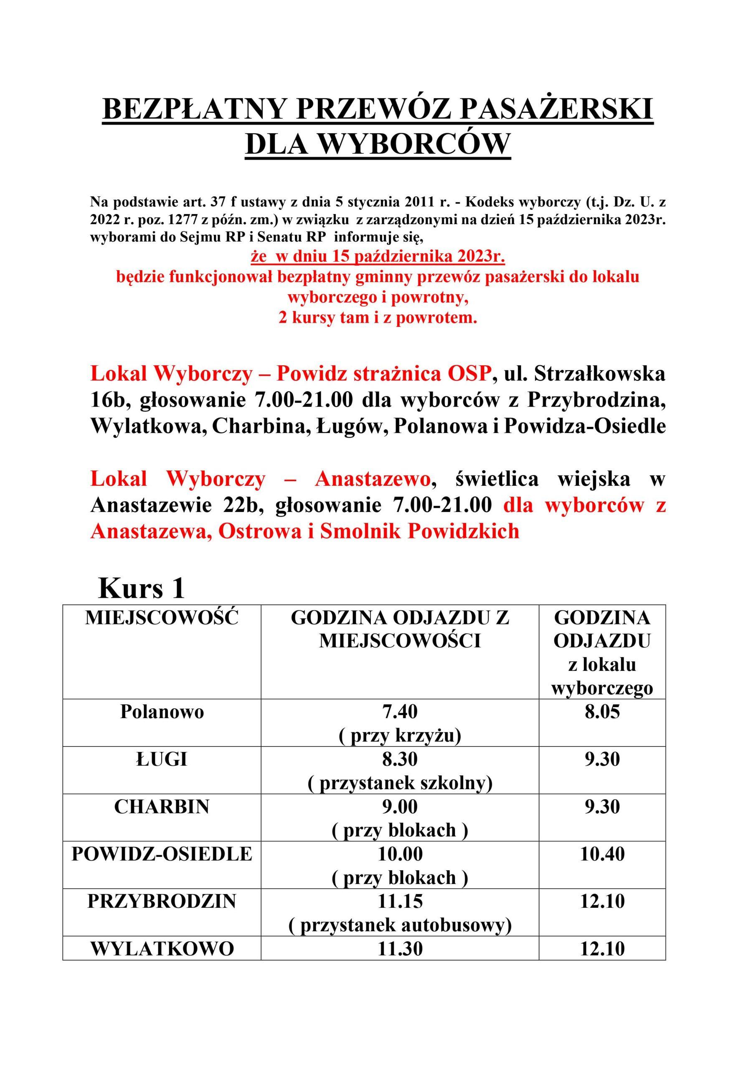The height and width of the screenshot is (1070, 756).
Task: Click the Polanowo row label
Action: (x=162, y=712)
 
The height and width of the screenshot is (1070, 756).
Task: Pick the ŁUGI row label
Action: (x=162, y=759)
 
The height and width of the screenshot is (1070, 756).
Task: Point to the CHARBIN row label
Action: (x=162, y=807)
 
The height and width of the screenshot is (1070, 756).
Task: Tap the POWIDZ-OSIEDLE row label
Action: (x=162, y=854)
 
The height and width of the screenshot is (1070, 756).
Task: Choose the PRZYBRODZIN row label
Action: (x=162, y=901)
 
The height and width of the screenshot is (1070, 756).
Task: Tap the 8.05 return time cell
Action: (x=602, y=712)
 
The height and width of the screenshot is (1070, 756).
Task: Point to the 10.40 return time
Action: (x=602, y=854)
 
